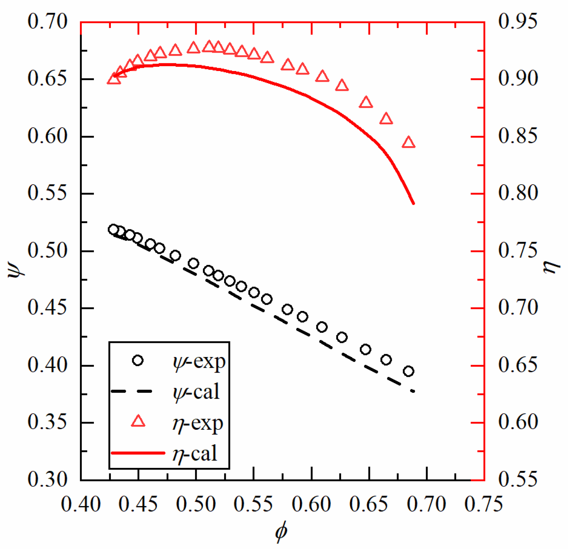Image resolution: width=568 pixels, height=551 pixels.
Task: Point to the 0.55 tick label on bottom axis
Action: [x=254, y=504]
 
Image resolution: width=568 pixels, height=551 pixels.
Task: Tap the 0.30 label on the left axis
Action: [x=47, y=480]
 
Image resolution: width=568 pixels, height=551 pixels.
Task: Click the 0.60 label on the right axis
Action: [x=518, y=422]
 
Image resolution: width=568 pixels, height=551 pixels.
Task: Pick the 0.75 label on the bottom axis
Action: [x=483, y=504]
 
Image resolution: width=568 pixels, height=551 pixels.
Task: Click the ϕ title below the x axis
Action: [x=281, y=532]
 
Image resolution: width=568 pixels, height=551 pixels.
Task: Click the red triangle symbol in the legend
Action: [x=138, y=421]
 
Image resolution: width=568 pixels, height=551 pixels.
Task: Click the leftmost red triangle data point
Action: [x=114, y=79]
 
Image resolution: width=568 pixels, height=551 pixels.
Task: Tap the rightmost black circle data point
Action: [x=409, y=372]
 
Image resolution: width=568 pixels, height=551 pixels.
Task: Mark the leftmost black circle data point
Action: [x=113, y=229]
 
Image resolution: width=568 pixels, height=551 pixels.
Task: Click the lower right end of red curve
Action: [x=414, y=204]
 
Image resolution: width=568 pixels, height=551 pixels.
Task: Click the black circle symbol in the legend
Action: [x=138, y=361]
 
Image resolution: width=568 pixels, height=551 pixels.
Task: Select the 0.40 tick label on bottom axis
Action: [x=81, y=504]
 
